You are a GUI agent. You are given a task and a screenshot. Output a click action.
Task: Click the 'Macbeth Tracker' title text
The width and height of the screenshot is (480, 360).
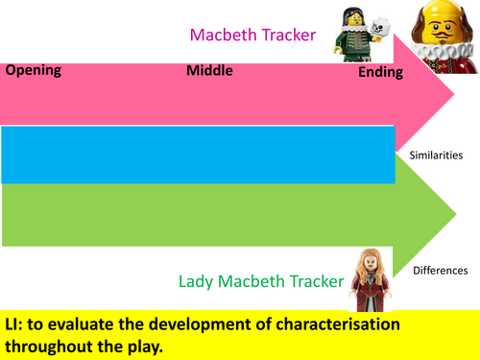pos(252,35)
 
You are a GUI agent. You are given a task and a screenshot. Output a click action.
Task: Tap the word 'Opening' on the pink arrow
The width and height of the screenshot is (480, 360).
pos(34,70)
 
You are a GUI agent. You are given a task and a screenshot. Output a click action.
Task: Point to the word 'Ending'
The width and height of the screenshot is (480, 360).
pos(380,73)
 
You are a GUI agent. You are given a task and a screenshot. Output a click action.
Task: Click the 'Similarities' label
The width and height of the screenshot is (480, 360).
pos(437,154)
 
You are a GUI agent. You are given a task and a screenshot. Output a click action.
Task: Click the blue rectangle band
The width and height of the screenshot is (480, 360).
pos(197,155)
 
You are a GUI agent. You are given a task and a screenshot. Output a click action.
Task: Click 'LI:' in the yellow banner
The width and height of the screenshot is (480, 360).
pos(18,323)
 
